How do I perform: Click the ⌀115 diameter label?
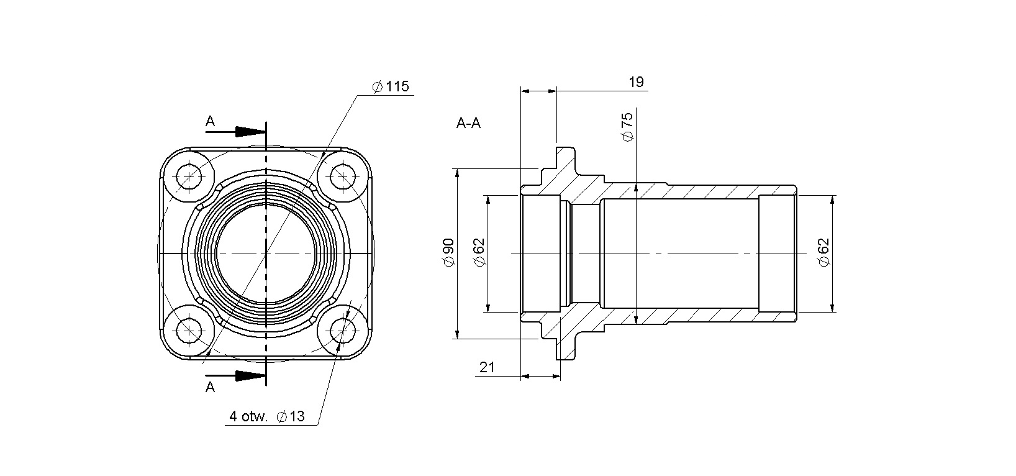click(x=391, y=86)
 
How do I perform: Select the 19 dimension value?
click(x=636, y=82)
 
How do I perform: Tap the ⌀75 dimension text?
click(x=627, y=127)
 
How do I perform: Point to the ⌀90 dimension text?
click(x=448, y=252)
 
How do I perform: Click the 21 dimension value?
click(x=487, y=367)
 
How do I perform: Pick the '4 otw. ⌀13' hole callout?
click(x=266, y=416)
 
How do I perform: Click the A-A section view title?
click(x=468, y=123)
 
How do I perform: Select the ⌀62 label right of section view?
click(x=823, y=252)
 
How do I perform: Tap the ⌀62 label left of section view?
click(x=479, y=252)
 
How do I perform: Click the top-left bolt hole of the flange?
click(x=189, y=176)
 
